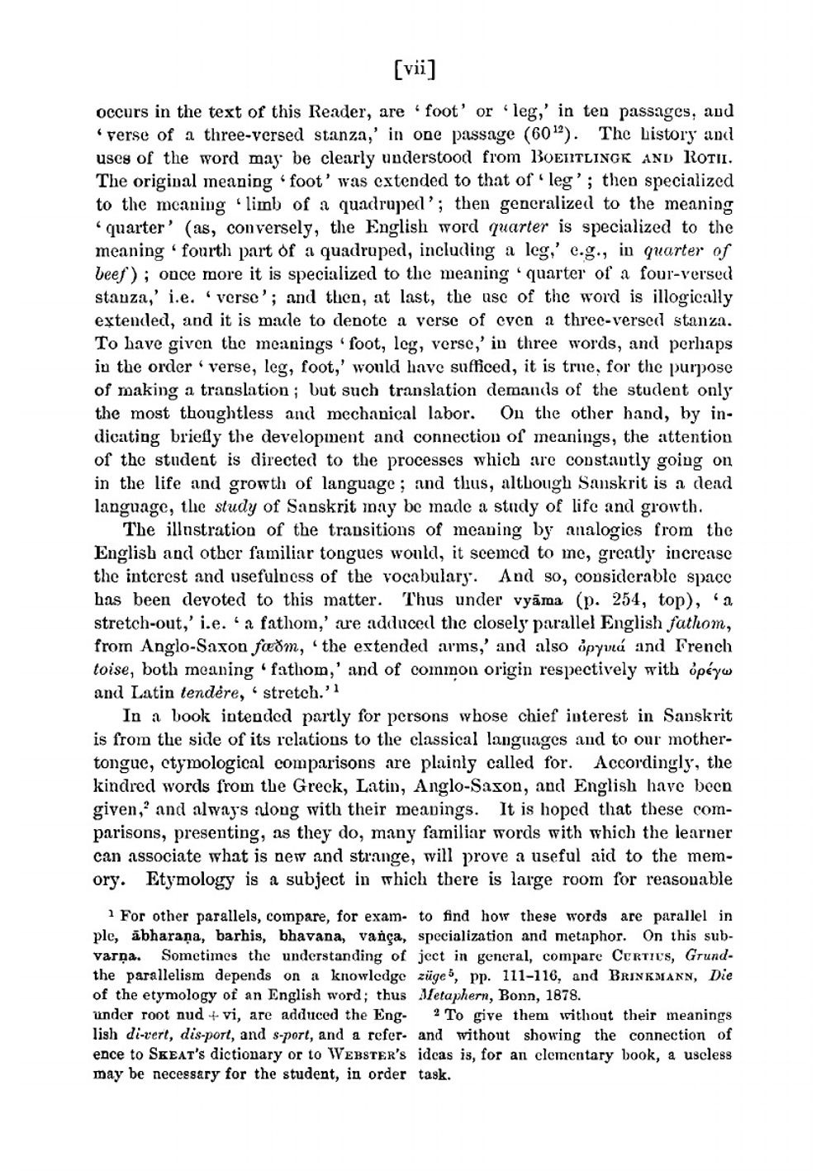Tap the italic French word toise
(x=112, y=669)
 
